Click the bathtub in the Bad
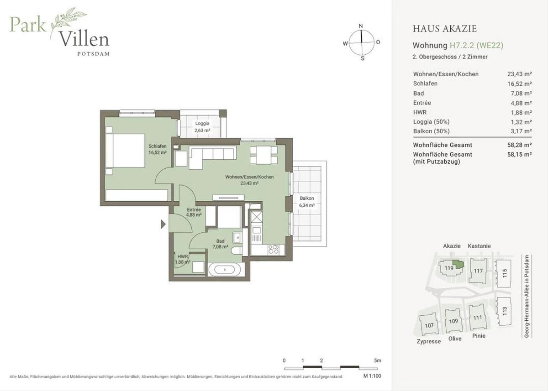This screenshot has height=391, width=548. pyautogui.click(x=225, y=270)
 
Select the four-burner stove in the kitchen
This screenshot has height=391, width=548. pyautogui.click(x=274, y=250)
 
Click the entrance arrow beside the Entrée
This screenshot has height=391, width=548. pyautogui.click(x=163, y=224)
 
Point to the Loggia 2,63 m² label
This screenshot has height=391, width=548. pyautogui.click(x=202, y=127)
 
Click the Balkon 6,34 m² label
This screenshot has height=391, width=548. pyautogui.click(x=307, y=202)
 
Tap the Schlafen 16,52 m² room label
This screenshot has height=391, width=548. pyautogui.click(x=158, y=149)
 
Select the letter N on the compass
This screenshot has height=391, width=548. pyautogui.click(x=361, y=26)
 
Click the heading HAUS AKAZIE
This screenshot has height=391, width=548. pyautogui.click(x=445, y=29)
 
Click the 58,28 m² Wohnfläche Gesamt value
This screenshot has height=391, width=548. pyautogui.click(x=519, y=145)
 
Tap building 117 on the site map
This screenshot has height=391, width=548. pyautogui.click(x=478, y=271)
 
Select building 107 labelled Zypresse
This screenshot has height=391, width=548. pyautogui.click(x=429, y=325)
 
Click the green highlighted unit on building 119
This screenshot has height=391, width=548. pyautogui.click(x=458, y=264)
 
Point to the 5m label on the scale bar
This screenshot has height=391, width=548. pyautogui.click(x=378, y=360)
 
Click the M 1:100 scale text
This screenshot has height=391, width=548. pyautogui.click(x=372, y=376)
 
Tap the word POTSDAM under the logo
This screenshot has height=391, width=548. pyautogui.click(x=94, y=54)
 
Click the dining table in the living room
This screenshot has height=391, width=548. pyautogui.click(x=263, y=155)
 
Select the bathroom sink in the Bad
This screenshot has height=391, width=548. pyautogui.click(x=237, y=238)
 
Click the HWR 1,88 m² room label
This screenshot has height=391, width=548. pyautogui.click(x=183, y=259)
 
